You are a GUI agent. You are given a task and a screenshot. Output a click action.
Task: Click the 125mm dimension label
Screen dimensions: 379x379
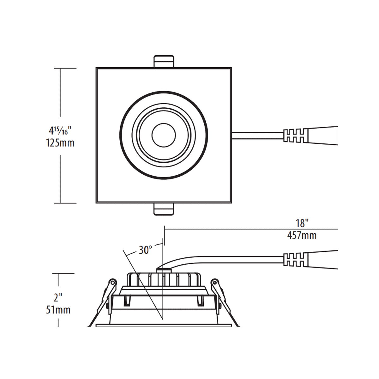point(60,143)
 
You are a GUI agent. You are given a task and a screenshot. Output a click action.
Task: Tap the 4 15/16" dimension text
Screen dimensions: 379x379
point(60,130)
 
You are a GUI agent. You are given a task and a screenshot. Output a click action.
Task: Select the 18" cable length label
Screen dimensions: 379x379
point(302,223)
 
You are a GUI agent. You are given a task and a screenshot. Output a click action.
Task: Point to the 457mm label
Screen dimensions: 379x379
point(302,236)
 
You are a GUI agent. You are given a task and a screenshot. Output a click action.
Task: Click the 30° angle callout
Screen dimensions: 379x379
point(145,250)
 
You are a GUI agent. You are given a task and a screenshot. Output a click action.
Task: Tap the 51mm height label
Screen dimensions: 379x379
point(58,310)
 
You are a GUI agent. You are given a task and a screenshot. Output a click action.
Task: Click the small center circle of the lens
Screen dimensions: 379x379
point(164,135)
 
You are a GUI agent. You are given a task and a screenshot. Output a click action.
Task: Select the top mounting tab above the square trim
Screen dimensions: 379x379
point(164,61)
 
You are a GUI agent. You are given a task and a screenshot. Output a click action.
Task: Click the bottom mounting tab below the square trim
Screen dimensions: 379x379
point(164,209)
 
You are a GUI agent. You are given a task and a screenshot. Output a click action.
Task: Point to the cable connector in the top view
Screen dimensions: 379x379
point(311,135)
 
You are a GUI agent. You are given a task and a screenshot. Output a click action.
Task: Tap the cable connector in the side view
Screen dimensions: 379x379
point(311,259)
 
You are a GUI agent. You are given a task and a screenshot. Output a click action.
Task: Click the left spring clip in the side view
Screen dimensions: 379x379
point(109,294)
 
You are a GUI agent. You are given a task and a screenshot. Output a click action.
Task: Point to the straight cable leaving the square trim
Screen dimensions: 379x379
point(257,135)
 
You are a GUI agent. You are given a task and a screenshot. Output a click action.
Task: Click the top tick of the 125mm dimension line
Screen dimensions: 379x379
point(65,68)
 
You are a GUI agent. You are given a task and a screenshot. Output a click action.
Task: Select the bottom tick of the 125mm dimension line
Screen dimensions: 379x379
point(65,203)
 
